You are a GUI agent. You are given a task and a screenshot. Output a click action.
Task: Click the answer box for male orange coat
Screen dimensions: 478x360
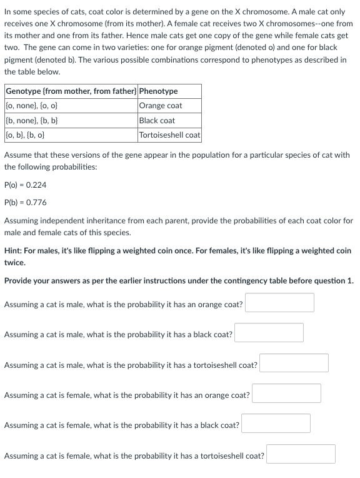pyautogui.click(x=279, y=303)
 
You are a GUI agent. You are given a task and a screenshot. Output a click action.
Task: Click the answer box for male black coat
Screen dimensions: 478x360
pyautogui.click(x=269, y=333)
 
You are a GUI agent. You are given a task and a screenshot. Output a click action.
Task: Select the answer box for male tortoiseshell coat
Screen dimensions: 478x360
pyautogui.click(x=294, y=363)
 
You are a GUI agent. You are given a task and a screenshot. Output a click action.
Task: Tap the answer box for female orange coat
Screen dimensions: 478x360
pyautogui.click(x=286, y=394)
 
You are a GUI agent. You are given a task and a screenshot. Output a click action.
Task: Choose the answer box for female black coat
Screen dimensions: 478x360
pyautogui.click(x=276, y=424)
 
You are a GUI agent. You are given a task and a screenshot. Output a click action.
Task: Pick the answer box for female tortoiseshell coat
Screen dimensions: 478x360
pyautogui.click(x=301, y=454)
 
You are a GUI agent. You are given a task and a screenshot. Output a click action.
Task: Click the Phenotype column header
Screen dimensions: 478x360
pyautogui.click(x=159, y=91)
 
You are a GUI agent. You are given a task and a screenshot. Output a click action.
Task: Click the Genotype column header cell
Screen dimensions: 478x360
pyautogui.click(x=71, y=91)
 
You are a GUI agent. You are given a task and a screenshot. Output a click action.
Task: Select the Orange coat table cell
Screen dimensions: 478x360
pyautogui.click(x=161, y=106)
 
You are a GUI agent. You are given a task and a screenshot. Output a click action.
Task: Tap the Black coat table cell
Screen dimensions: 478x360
pyautogui.click(x=158, y=120)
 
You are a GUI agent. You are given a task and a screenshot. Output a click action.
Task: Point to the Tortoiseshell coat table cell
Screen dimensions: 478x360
pyautogui.click(x=170, y=135)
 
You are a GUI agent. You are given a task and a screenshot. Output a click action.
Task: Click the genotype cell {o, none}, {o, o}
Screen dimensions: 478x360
pyautogui.click(x=32, y=106)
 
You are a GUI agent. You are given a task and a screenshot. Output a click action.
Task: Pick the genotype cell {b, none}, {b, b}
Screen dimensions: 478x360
pyautogui.click(x=32, y=120)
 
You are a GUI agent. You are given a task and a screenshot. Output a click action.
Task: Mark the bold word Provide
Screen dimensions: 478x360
pyautogui.click(x=19, y=281)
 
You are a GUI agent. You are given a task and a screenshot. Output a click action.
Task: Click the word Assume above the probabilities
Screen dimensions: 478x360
pyautogui.click(x=17, y=155)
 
